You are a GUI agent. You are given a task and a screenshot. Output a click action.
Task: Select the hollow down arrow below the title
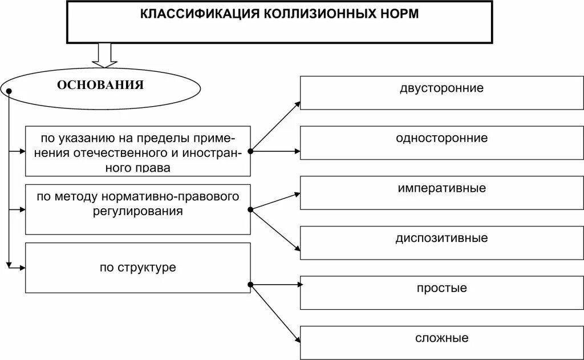click(104, 55)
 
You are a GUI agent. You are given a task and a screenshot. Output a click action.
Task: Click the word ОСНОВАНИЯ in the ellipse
click(100, 86)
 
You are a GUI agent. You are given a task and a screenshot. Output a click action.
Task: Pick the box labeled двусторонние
click(441, 92)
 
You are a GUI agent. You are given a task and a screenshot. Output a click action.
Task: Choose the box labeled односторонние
click(441, 142)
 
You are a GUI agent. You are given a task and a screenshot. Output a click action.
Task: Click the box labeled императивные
click(441, 193)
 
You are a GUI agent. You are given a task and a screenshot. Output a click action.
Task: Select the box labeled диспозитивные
click(441, 243)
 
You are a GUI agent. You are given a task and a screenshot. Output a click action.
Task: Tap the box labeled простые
click(441, 293)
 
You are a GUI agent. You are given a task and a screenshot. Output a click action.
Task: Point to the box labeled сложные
click(441, 343)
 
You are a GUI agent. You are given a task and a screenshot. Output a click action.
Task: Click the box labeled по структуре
click(138, 268)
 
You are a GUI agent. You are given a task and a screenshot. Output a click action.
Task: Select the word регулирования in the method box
click(136, 211)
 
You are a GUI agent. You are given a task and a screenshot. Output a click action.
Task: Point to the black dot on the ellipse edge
click(9, 91)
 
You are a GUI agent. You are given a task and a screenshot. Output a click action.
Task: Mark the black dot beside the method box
click(250, 210)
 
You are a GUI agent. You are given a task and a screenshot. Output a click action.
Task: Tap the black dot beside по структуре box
click(250, 284)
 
